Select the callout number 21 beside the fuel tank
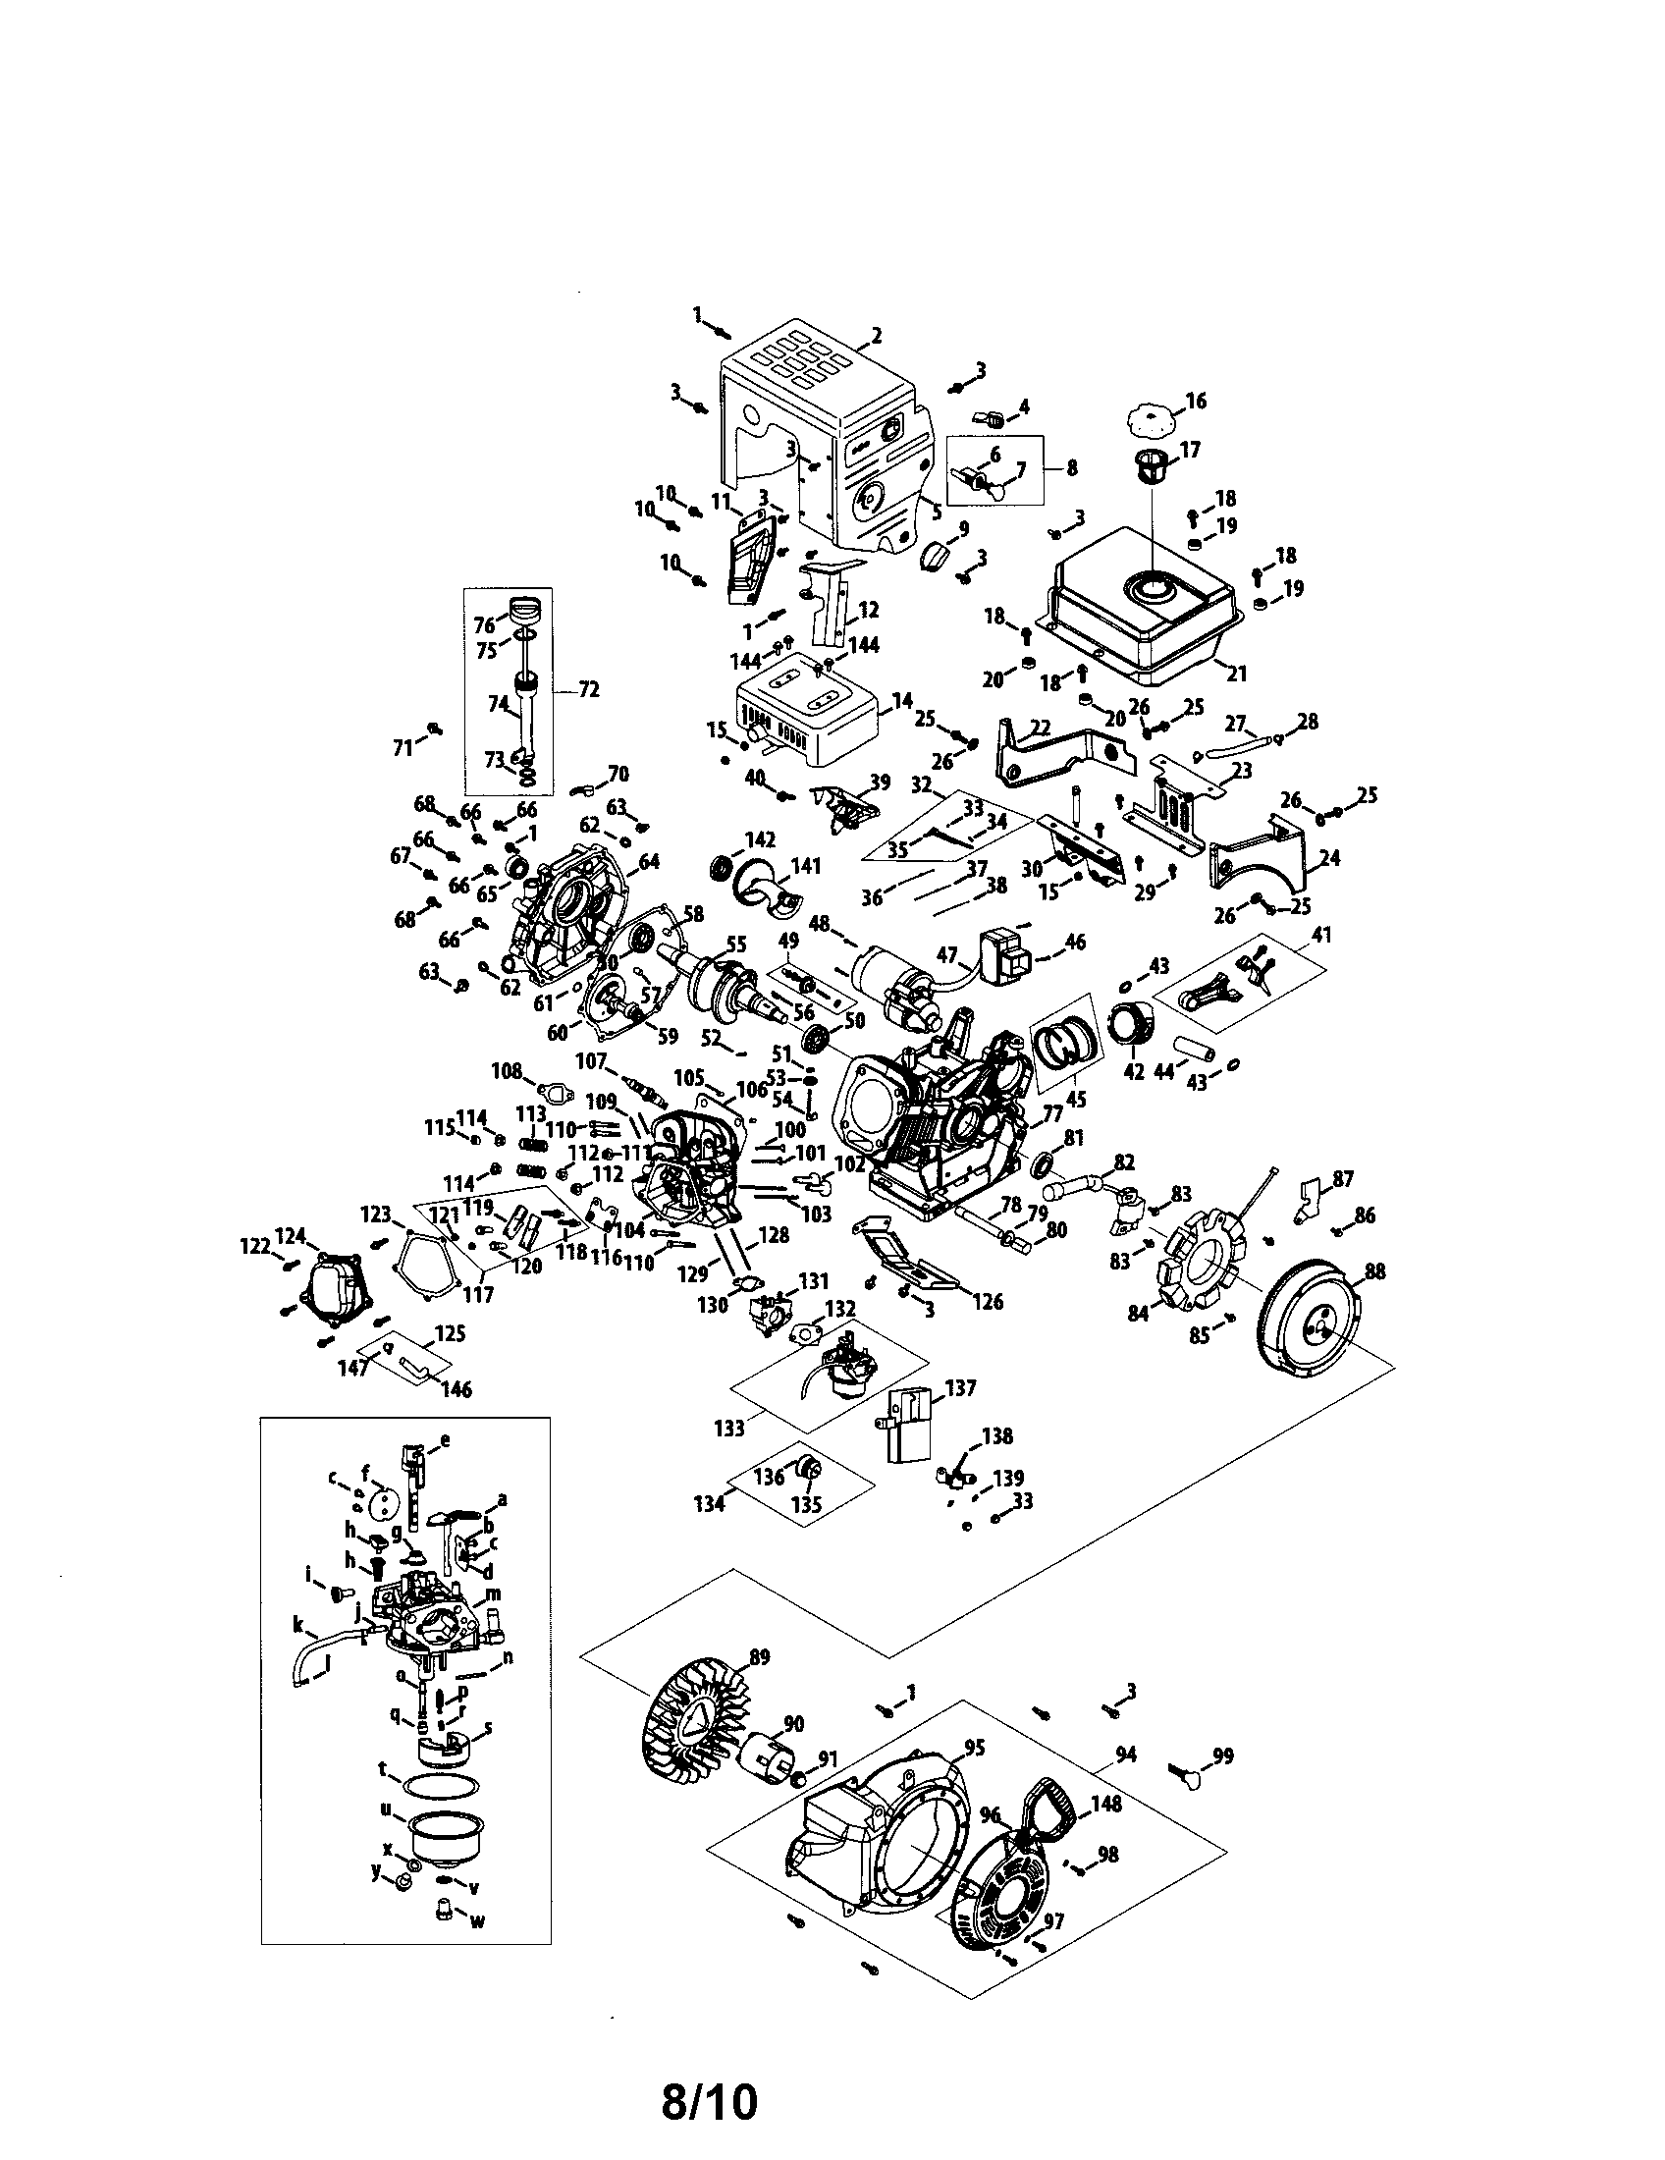point(1236,674)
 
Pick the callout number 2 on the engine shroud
point(876,335)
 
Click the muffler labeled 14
point(806,718)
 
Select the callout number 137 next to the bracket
point(960,1388)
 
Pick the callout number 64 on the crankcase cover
point(649,861)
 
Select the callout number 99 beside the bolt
point(1223,1756)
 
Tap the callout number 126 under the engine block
point(986,1302)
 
